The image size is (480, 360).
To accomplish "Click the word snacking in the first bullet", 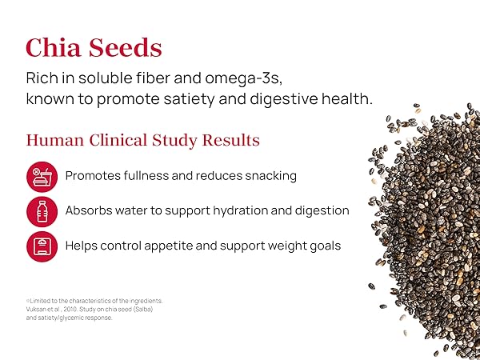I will tap(270, 175).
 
